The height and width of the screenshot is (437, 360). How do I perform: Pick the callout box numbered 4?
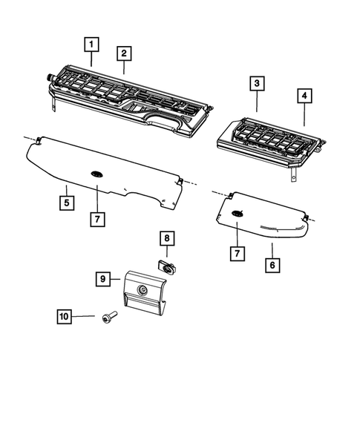pos(304,96)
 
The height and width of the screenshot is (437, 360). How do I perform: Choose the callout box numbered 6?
pos(272,264)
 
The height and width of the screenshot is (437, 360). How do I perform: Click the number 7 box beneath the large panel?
pos(97,219)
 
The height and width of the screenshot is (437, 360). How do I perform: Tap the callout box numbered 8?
pos(167,238)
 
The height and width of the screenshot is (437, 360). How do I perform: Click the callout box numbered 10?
pos(65,318)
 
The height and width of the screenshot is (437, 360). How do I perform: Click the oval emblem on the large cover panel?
pos(97,172)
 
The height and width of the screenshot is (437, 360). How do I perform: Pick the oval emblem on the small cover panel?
pos(237,214)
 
